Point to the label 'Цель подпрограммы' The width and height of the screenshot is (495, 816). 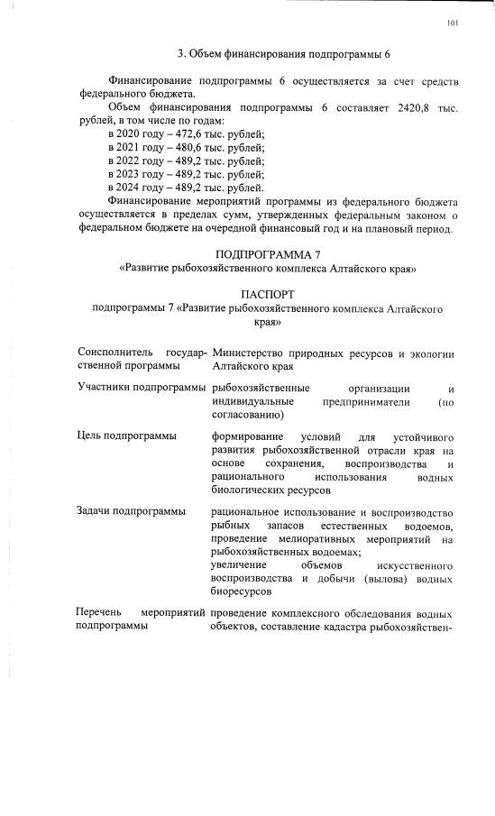pyautogui.click(x=126, y=436)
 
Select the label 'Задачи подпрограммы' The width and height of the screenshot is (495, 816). pyautogui.click(x=131, y=511)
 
